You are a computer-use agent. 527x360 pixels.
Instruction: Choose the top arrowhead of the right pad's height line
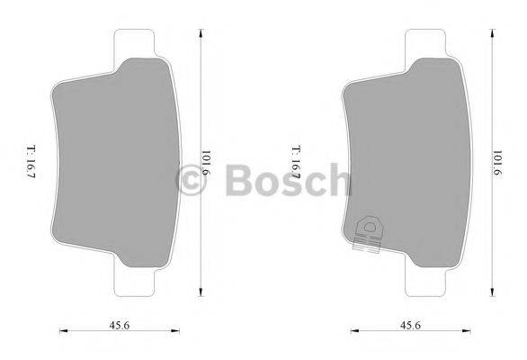pos(492,30)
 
